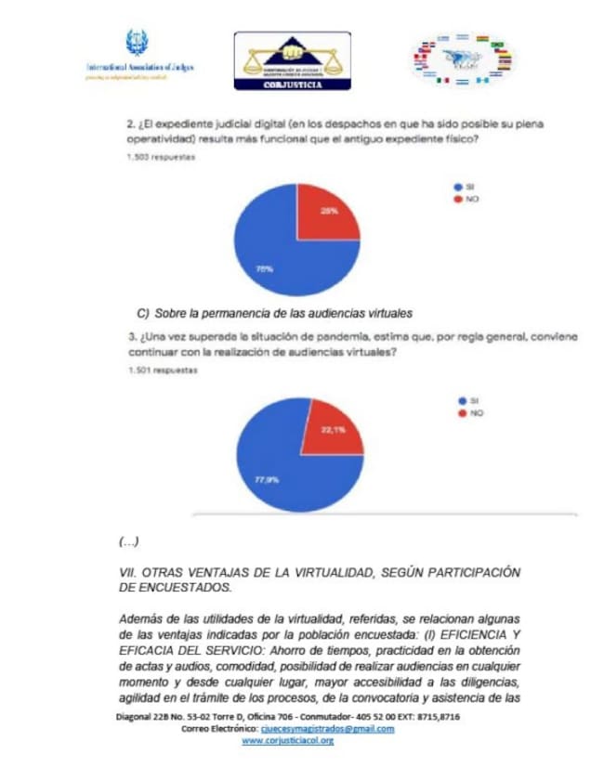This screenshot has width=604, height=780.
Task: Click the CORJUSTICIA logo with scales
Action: click(x=292, y=60)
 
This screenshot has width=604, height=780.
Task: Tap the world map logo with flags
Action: click(x=463, y=61)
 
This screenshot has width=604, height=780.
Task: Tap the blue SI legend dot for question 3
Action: click(x=462, y=400)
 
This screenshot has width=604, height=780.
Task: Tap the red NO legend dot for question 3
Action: click(x=462, y=412)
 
